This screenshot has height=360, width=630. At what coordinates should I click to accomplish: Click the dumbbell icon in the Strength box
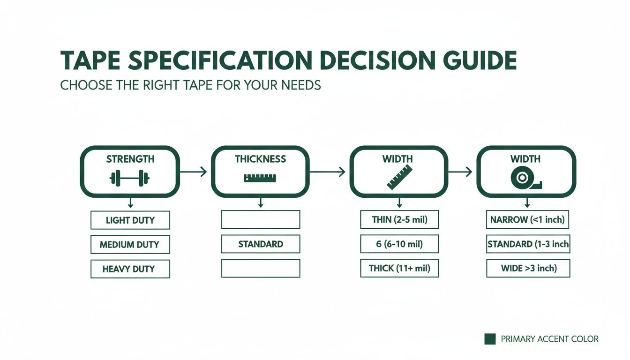pos(129,178)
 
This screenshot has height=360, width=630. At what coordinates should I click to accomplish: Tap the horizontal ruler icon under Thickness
pos(260,178)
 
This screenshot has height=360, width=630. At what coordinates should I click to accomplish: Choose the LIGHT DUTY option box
pos(130,220)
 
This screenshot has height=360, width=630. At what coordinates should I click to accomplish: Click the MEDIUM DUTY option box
pos(130,244)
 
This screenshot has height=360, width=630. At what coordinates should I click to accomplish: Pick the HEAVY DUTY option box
pos(130,269)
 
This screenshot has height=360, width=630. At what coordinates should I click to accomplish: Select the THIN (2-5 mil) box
pos(399,219)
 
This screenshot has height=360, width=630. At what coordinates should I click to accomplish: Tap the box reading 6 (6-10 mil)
pos(399,244)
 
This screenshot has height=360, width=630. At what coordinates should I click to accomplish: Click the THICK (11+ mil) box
pos(399,269)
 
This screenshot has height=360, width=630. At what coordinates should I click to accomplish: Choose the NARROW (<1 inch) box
pos(528,219)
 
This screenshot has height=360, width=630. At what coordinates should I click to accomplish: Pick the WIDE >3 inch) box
pos(528,269)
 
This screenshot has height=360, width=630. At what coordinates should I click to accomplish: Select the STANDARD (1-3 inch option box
pos(528,244)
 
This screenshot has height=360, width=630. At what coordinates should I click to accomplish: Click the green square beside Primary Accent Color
pos(490,339)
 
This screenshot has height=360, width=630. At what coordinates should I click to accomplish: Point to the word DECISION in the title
pos(370,61)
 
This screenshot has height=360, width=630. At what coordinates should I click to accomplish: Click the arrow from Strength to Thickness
pos(193,172)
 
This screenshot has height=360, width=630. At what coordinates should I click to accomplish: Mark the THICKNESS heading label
pos(260,159)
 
